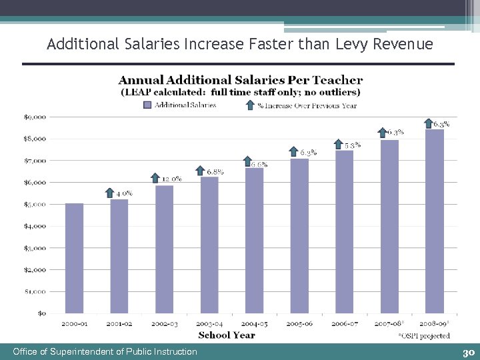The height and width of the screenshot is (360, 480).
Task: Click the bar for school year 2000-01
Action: (74, 259)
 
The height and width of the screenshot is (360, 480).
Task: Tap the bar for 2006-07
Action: (344, 232)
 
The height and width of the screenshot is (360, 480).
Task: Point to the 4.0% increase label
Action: (125, 193)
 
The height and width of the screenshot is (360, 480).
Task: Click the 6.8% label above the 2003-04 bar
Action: (215, 171)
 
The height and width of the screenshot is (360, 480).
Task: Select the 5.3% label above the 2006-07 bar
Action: (353, 145)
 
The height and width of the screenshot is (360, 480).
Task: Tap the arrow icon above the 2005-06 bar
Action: (293, 151)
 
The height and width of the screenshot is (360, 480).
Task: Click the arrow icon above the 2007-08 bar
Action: (382, 133)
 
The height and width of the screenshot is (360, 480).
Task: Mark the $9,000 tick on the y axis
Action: (35, 117)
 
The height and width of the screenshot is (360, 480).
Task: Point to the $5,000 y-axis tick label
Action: (35, 204)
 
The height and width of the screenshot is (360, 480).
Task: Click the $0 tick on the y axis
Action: (41, 313)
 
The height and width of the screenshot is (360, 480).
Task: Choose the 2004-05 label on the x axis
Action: (254, 323)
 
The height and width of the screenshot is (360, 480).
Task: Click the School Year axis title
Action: (227, 335)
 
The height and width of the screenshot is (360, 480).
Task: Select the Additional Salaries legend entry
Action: (179, 105)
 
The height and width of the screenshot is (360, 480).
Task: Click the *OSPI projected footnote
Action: (424, 335)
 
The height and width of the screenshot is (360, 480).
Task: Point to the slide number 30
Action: (467, 352)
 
